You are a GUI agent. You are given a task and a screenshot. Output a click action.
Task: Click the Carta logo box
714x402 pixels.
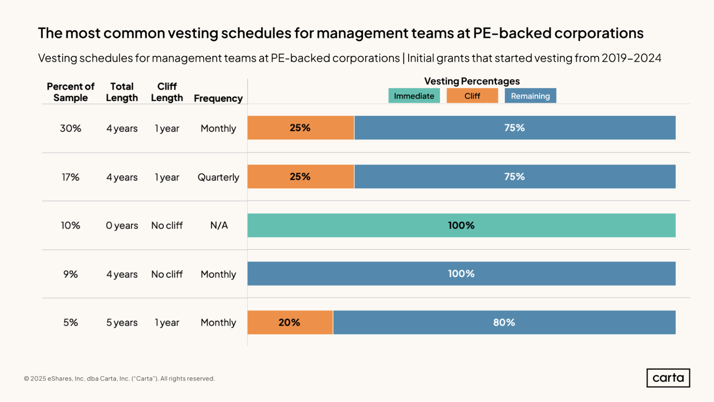pyautogui.click(x=668, y=378)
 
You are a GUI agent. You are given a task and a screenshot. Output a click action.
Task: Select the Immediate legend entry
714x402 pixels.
pyautogui.click(x=414, y=96)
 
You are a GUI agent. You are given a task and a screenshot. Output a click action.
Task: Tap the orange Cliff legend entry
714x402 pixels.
pyautogui.click(x=472, y=96)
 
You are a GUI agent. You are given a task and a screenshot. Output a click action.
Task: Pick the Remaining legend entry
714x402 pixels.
pyautogui.click(x=530, y=96)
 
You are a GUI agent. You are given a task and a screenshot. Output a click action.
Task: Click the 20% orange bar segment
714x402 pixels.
pyautogui.click(x=290, y=322)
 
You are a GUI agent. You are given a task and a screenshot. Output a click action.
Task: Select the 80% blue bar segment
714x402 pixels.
pyautogui.click(x=504, y=322)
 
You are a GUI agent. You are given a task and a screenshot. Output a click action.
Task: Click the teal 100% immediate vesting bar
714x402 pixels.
pyautogui.click(x=461, y=225)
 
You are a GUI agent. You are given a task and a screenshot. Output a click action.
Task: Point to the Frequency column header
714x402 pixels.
pyautogui.click(x=218, y=98)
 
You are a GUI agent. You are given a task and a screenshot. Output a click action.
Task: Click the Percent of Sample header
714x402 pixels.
pyautogui.click(x=70, y=92)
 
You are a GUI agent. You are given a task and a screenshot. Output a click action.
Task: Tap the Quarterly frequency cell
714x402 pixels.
pyautogui.click(x=218, y=177)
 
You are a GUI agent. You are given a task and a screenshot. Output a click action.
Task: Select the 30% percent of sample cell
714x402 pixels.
pyautogui.click(x=70, y=128)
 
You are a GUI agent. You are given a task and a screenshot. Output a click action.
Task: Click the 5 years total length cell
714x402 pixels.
pyautogui.click(x=122, y=323)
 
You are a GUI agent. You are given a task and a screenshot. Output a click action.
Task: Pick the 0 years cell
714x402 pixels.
pyautogui.click(x=122, y=225)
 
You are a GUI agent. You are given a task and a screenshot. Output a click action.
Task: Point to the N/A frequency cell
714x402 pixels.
pyautogui.click(x=219, y=225)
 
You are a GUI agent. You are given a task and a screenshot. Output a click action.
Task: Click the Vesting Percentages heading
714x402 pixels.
pyautogui.click(x=472, y=81)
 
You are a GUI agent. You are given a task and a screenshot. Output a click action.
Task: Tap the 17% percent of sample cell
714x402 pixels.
pyautogui.click(x=70, y=177)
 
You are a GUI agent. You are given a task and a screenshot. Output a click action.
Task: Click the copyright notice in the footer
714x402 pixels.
pyautogui.click(x=119, y=378)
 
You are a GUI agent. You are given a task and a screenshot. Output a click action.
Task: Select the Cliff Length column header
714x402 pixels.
pyautogui.click(x=167, y=92)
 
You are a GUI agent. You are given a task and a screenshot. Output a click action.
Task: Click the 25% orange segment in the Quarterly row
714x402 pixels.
pyautogui.click(x=300, y=177)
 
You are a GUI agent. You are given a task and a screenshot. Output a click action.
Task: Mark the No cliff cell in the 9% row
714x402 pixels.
pyautogui.click(x=167, y=274)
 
